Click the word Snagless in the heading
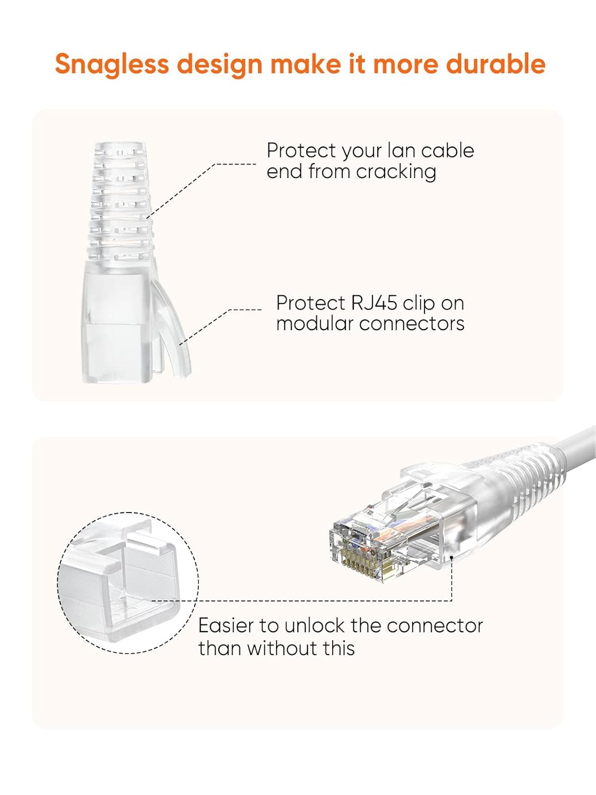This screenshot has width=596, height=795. (111, 64)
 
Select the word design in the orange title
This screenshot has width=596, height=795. (219, 64)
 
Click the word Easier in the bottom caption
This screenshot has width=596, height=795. (226, 626)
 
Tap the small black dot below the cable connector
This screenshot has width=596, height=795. (451, 558)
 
